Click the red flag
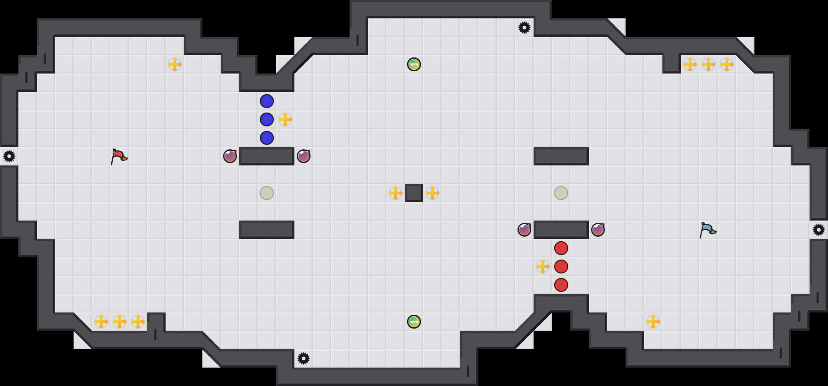point(119,156)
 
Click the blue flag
point(707,230)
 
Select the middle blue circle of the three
point(267,119)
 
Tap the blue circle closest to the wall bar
point(267,138)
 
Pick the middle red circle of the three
point(561,267)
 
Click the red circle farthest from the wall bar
point(561,285)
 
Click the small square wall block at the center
point(414,193)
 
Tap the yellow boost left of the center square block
point(396,193)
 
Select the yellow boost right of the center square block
point(432,193)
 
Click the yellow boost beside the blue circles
point(285,119)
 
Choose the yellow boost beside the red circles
point(543,267)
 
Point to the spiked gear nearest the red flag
point(9,156)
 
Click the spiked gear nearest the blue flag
point(819,230)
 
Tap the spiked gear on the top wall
point(524,28)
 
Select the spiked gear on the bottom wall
point(304,358)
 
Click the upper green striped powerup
point(414,64)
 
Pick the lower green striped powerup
point(414,322)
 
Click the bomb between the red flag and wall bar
point(230,156)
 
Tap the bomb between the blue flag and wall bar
point(598,230)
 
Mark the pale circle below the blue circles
point(267,193)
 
